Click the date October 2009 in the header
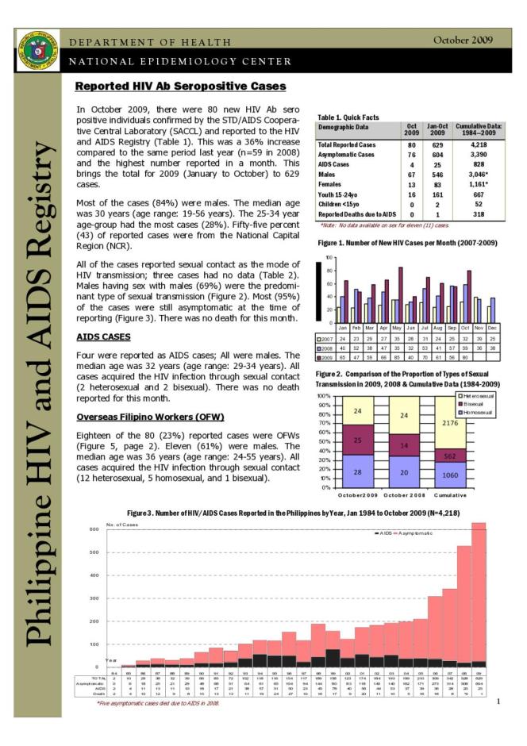pos(463,40)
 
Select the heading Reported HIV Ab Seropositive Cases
pos(180,87)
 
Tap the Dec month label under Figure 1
pos(492,327)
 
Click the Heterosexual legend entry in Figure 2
pos(475,394)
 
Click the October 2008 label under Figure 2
pos(406,517)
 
